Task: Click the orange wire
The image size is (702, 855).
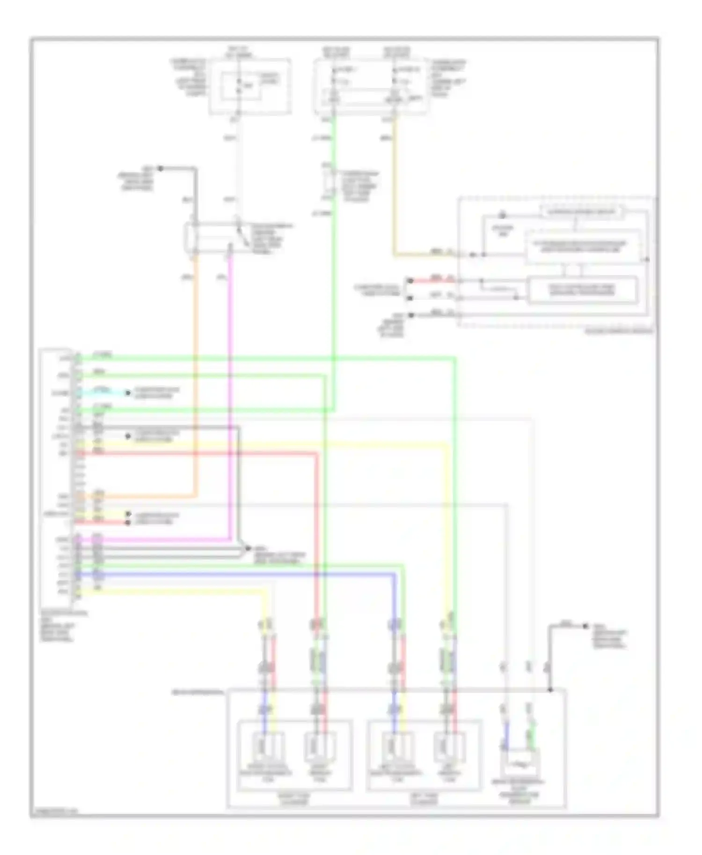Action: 195,374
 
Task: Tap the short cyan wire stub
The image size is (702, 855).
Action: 105,392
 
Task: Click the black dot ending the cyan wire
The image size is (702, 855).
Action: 128,393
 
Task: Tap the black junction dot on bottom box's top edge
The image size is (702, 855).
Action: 550,690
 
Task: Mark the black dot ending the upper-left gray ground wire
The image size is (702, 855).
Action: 160,168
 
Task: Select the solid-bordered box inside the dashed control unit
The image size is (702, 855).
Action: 582,290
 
